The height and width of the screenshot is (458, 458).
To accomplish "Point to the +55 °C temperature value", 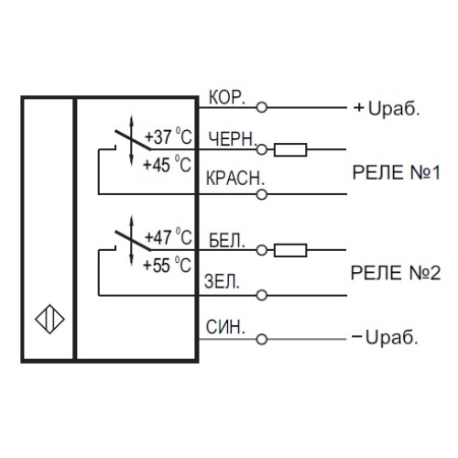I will click(x=169, y=265).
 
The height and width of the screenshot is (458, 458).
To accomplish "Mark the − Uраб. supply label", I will click(x=385, y=339).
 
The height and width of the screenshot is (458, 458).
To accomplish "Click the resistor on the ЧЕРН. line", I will click(x=291, y=149).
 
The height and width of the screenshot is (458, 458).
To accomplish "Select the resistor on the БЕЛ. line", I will click(x=291, y=249).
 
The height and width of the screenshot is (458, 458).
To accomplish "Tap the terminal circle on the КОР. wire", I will click(x=263, y=108).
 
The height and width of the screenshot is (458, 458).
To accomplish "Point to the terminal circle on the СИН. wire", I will click(x=263, y=339).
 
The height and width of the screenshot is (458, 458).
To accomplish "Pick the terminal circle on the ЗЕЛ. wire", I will click(x=263, y=295).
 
